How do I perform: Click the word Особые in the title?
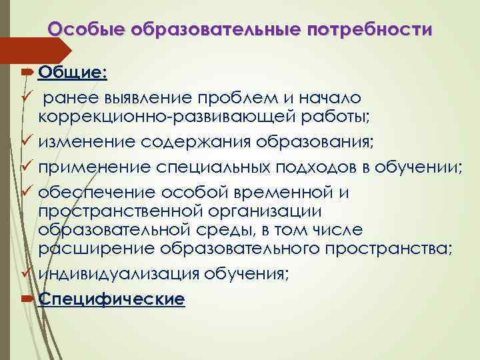[88, 30]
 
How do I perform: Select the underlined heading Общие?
[73, 71]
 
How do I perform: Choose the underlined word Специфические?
[111, 300]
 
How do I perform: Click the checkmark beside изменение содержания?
[28, 141]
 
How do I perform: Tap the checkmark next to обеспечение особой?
[28, 192]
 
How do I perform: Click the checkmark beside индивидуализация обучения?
[28, 273]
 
